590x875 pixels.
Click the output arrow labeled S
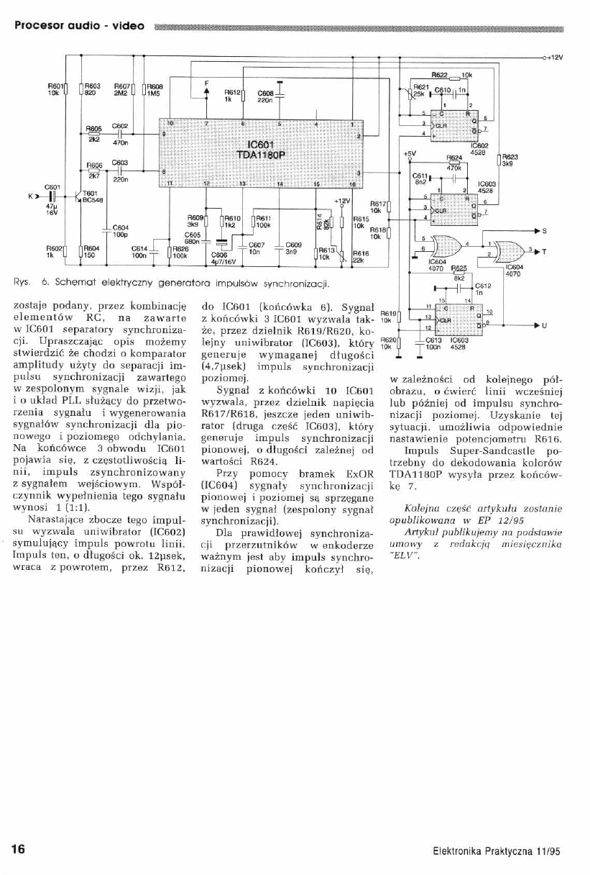coord(537,230)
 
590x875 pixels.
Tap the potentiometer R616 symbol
coord(347,256)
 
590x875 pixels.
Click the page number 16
coord(17,848)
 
